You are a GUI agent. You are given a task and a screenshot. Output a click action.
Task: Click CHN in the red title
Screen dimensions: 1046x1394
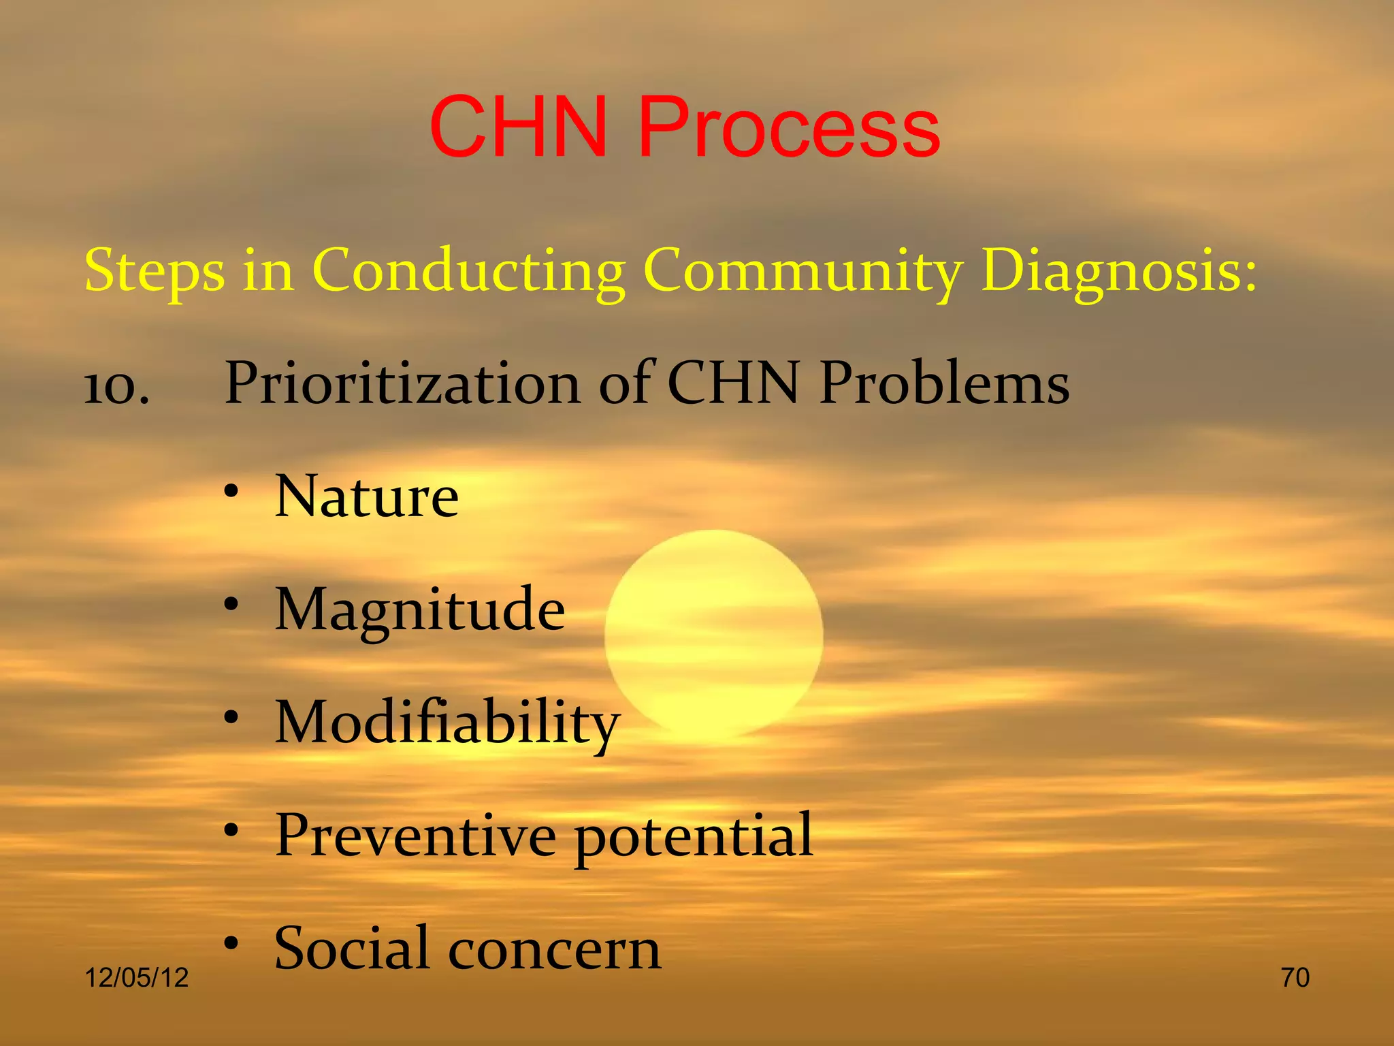click(x=519, y=128)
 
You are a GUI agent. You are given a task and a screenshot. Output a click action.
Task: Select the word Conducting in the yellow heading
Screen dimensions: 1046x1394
click(x=468, y=271)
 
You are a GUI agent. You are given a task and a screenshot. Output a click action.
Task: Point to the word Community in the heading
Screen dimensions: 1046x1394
click(x=803, y=271)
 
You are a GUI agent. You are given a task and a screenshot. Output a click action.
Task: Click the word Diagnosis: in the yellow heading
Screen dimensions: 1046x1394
click(x=1118, y=271)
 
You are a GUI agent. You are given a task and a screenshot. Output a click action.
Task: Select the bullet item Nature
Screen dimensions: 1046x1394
click(x=367, y=497)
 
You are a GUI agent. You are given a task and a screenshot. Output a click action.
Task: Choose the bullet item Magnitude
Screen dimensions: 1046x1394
click(x=419, y=611)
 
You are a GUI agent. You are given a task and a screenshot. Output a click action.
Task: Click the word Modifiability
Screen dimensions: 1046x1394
click(x=447, y=723)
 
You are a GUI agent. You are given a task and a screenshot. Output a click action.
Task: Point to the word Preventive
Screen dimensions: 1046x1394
click(x=416, y=836)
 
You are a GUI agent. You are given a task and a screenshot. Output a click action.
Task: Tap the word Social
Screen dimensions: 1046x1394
click(x=352, y=948)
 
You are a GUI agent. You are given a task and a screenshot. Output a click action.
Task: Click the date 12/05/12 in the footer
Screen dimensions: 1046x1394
click(x=136, y=978)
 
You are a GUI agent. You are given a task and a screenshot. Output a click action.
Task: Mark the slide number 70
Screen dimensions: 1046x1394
click(x=1295, y=978)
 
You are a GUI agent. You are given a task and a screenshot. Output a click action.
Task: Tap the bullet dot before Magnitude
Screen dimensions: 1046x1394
click(x=232, y=603)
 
